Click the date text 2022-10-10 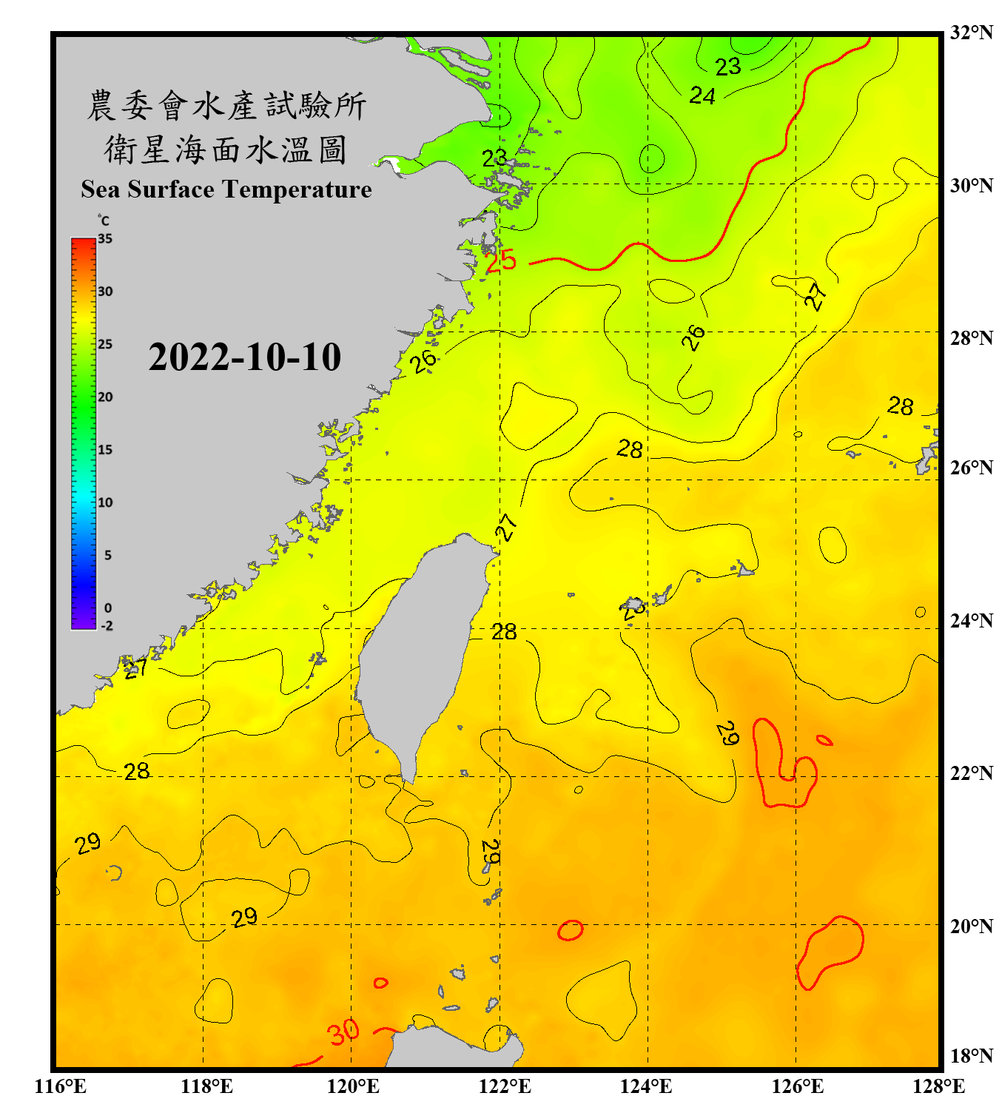(244, 357)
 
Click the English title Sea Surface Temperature (226, 189)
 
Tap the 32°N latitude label (971, 33)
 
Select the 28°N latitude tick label (971, 338)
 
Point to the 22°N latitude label (971, 773)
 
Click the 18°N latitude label (971, 1056)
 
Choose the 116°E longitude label (61, 1086)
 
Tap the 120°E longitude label (353, 1086)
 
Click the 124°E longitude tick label (646, 1086)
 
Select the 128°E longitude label (938, 1086)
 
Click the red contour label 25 (501, 260)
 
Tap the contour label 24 (702, 95)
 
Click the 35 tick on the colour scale (105, 239)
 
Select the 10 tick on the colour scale (105, 502)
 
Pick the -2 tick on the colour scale (107, 626)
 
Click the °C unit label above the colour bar (104, 221)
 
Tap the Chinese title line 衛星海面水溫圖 (226, 150)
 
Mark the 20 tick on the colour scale (105, 397)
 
